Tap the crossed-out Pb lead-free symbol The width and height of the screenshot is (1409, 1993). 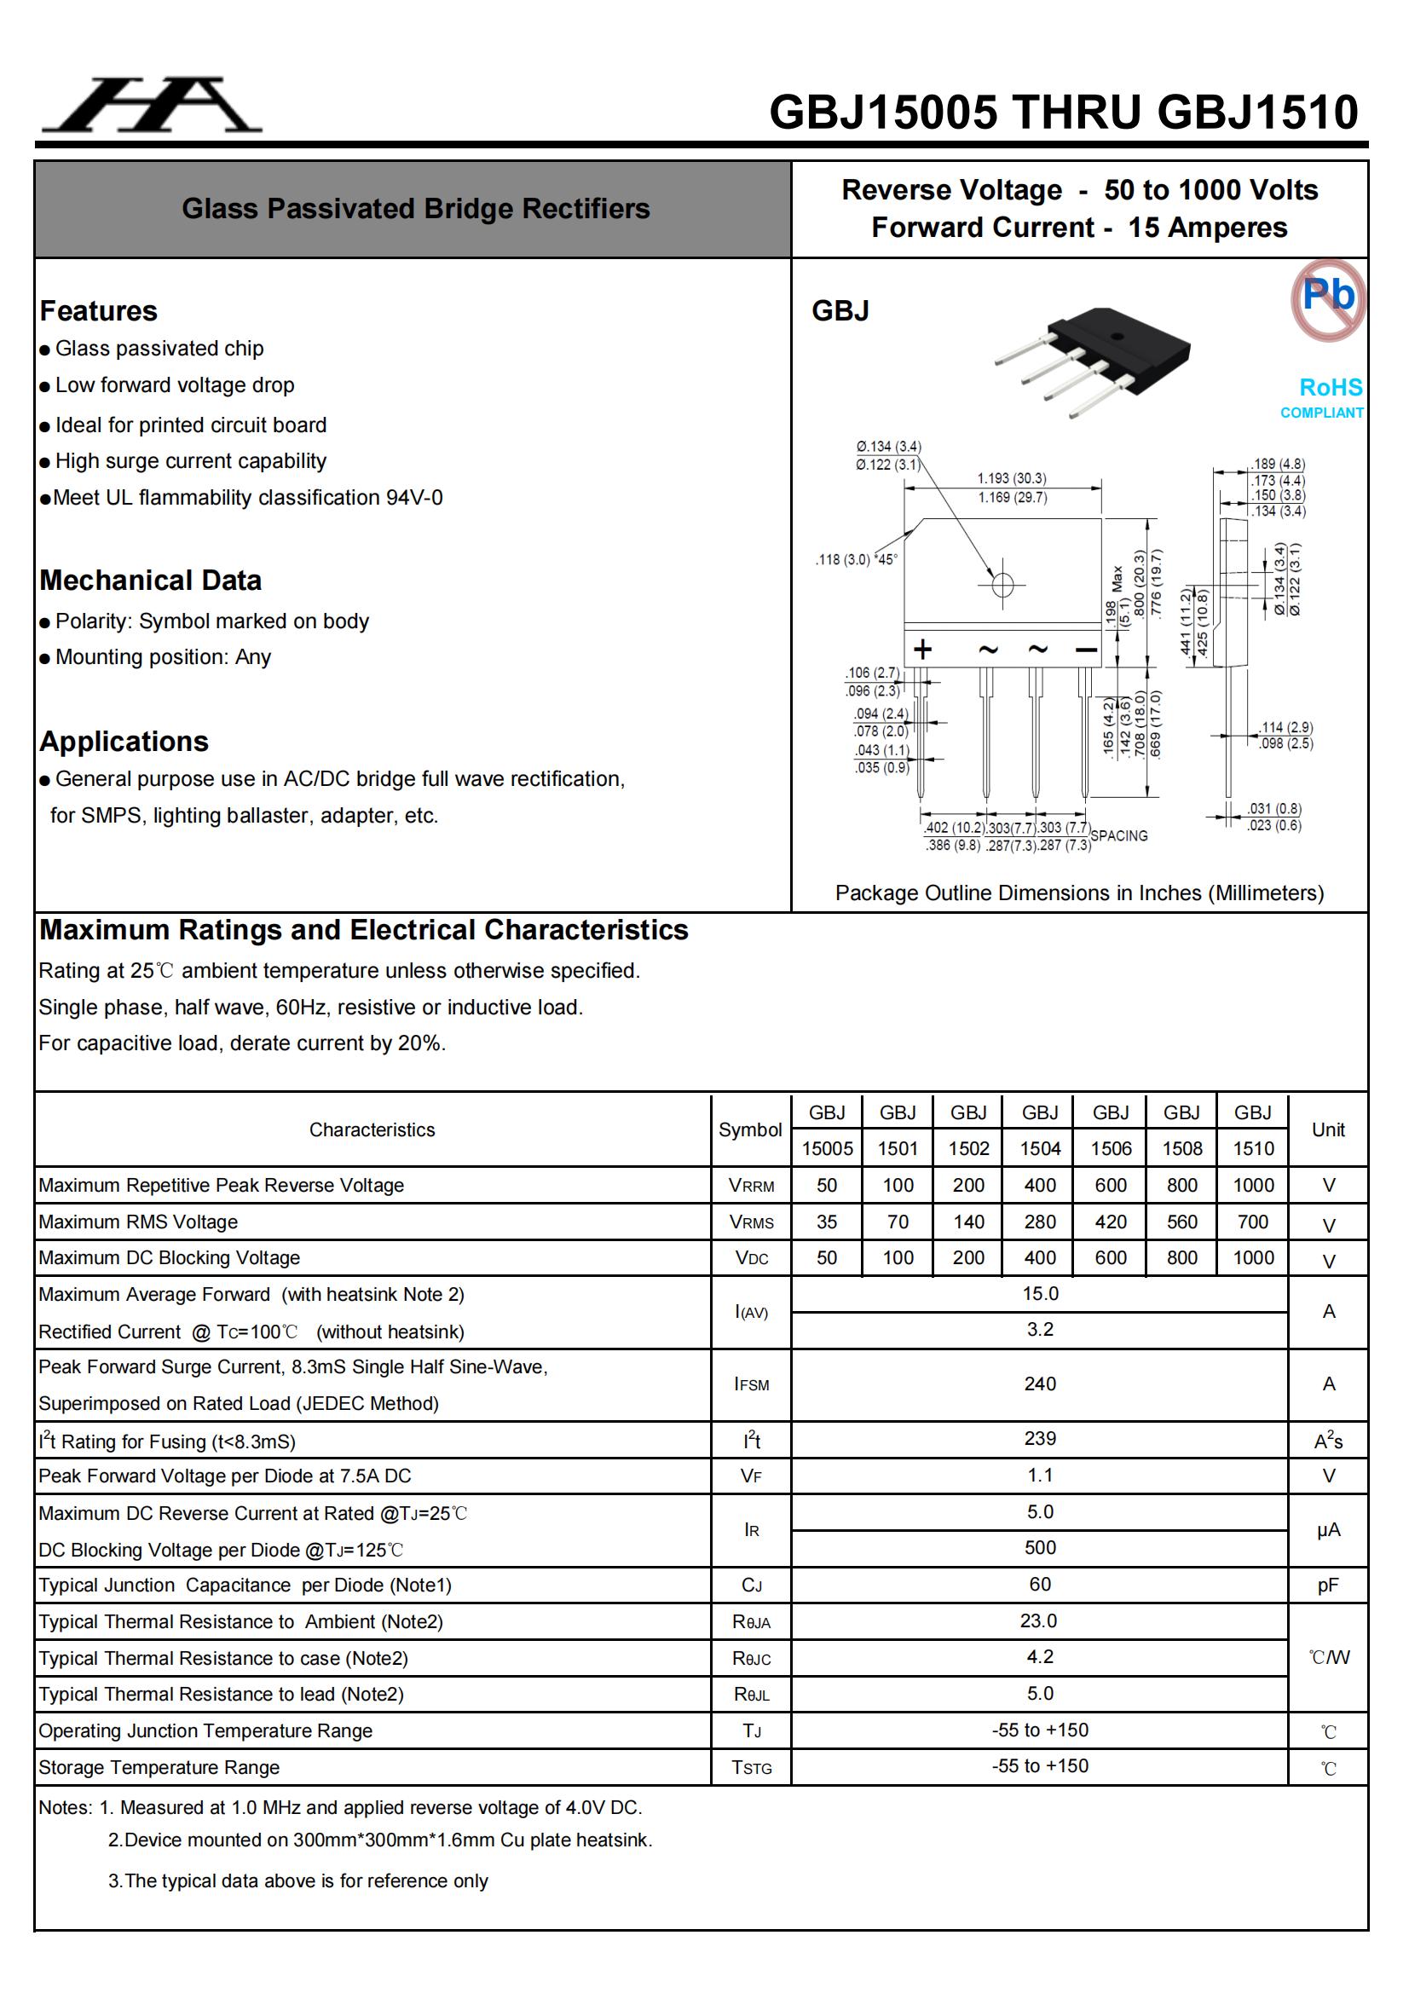click(1327, 298)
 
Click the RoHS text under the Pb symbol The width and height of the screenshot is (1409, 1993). click(1330, 387)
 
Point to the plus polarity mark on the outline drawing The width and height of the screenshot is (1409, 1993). click(923, 649)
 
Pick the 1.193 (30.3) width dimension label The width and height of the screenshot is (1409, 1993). click(1012, 478)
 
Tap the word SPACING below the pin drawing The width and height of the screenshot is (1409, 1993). click(1118, 835)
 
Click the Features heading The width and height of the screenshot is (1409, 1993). click(99, 311)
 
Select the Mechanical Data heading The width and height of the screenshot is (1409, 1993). click(150, 580)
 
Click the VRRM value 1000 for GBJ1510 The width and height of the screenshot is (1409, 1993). click(1253, 1185)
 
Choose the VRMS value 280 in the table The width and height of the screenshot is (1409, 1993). click(1039, 1222)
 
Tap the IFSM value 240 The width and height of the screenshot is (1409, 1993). click(1039, 1384)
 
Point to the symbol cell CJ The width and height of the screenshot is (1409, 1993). click(751, 1585)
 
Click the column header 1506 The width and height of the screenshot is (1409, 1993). click(1111, 1148)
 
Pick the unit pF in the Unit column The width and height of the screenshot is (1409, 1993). click(1327, 1585)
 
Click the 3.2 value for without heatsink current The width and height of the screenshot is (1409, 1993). click(1039, 1329)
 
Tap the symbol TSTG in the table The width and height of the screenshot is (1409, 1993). click(751, 1767)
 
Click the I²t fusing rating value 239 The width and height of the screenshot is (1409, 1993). click(1039, 1438)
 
